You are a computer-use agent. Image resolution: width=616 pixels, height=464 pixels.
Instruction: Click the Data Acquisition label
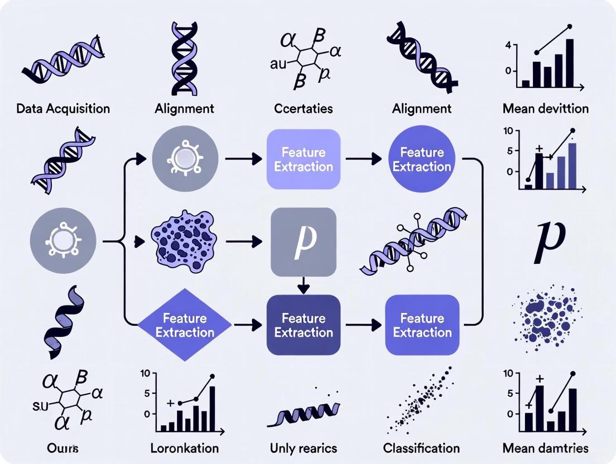(63, 108)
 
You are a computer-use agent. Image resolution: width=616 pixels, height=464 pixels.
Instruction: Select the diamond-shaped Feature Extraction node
(185, 325)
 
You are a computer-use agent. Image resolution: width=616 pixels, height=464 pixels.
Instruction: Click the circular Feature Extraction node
(422, 159)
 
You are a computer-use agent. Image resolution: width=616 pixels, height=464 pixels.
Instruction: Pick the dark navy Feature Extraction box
(304, 325)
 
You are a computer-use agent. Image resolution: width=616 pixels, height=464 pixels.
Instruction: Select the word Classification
(421, 448)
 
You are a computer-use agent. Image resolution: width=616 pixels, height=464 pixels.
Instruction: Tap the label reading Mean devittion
(545, 108)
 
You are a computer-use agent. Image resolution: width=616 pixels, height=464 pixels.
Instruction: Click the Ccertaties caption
(304, 108)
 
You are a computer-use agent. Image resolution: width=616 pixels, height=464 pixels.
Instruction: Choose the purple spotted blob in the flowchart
(185, 242)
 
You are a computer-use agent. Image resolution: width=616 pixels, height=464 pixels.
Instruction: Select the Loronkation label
(185, 448)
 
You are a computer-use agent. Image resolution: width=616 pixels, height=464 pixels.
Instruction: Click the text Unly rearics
(304, 448)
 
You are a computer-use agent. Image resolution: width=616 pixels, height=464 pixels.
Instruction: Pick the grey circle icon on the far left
(63, 241)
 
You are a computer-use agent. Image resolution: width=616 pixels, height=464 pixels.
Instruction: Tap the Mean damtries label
(545, 448)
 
